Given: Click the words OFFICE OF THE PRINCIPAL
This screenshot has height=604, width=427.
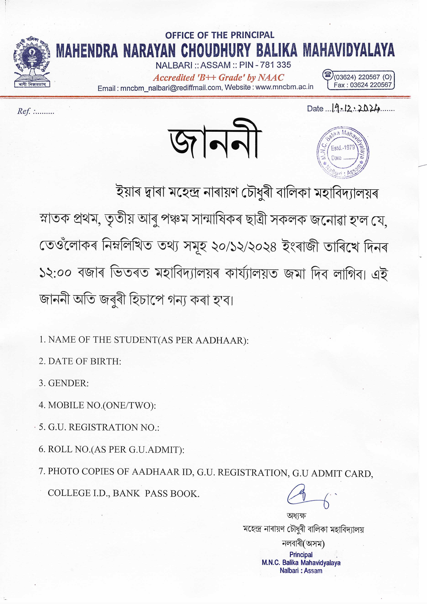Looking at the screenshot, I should [x=220, y=35].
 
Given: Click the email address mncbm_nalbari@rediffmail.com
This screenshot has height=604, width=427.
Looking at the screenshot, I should [x=171, y=88].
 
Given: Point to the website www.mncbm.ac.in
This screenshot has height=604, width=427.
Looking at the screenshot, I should [x=284, y=87].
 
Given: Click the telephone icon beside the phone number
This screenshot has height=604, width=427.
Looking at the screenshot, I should [x=328, y=75].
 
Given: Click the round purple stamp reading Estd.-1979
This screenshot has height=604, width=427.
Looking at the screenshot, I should [x=343, y=153].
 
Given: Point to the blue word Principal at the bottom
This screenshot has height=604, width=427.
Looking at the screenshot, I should [x=301, y=555].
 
